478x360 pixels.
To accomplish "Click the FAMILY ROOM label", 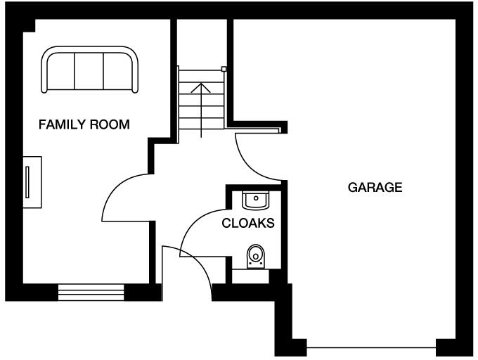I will point(84,125).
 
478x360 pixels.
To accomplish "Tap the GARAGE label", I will point(375,188).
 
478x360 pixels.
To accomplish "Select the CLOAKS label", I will point(247,224).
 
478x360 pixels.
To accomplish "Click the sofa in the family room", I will point(89,70).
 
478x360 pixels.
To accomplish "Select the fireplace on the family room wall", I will point(31,182).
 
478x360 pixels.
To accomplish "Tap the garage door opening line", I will point(371,347).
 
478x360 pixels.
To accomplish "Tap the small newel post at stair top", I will point(224,69).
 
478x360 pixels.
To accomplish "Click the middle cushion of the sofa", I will point(89,70).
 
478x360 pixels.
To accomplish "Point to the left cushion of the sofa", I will point(62,70).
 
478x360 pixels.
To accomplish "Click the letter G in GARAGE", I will point(351,188).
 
